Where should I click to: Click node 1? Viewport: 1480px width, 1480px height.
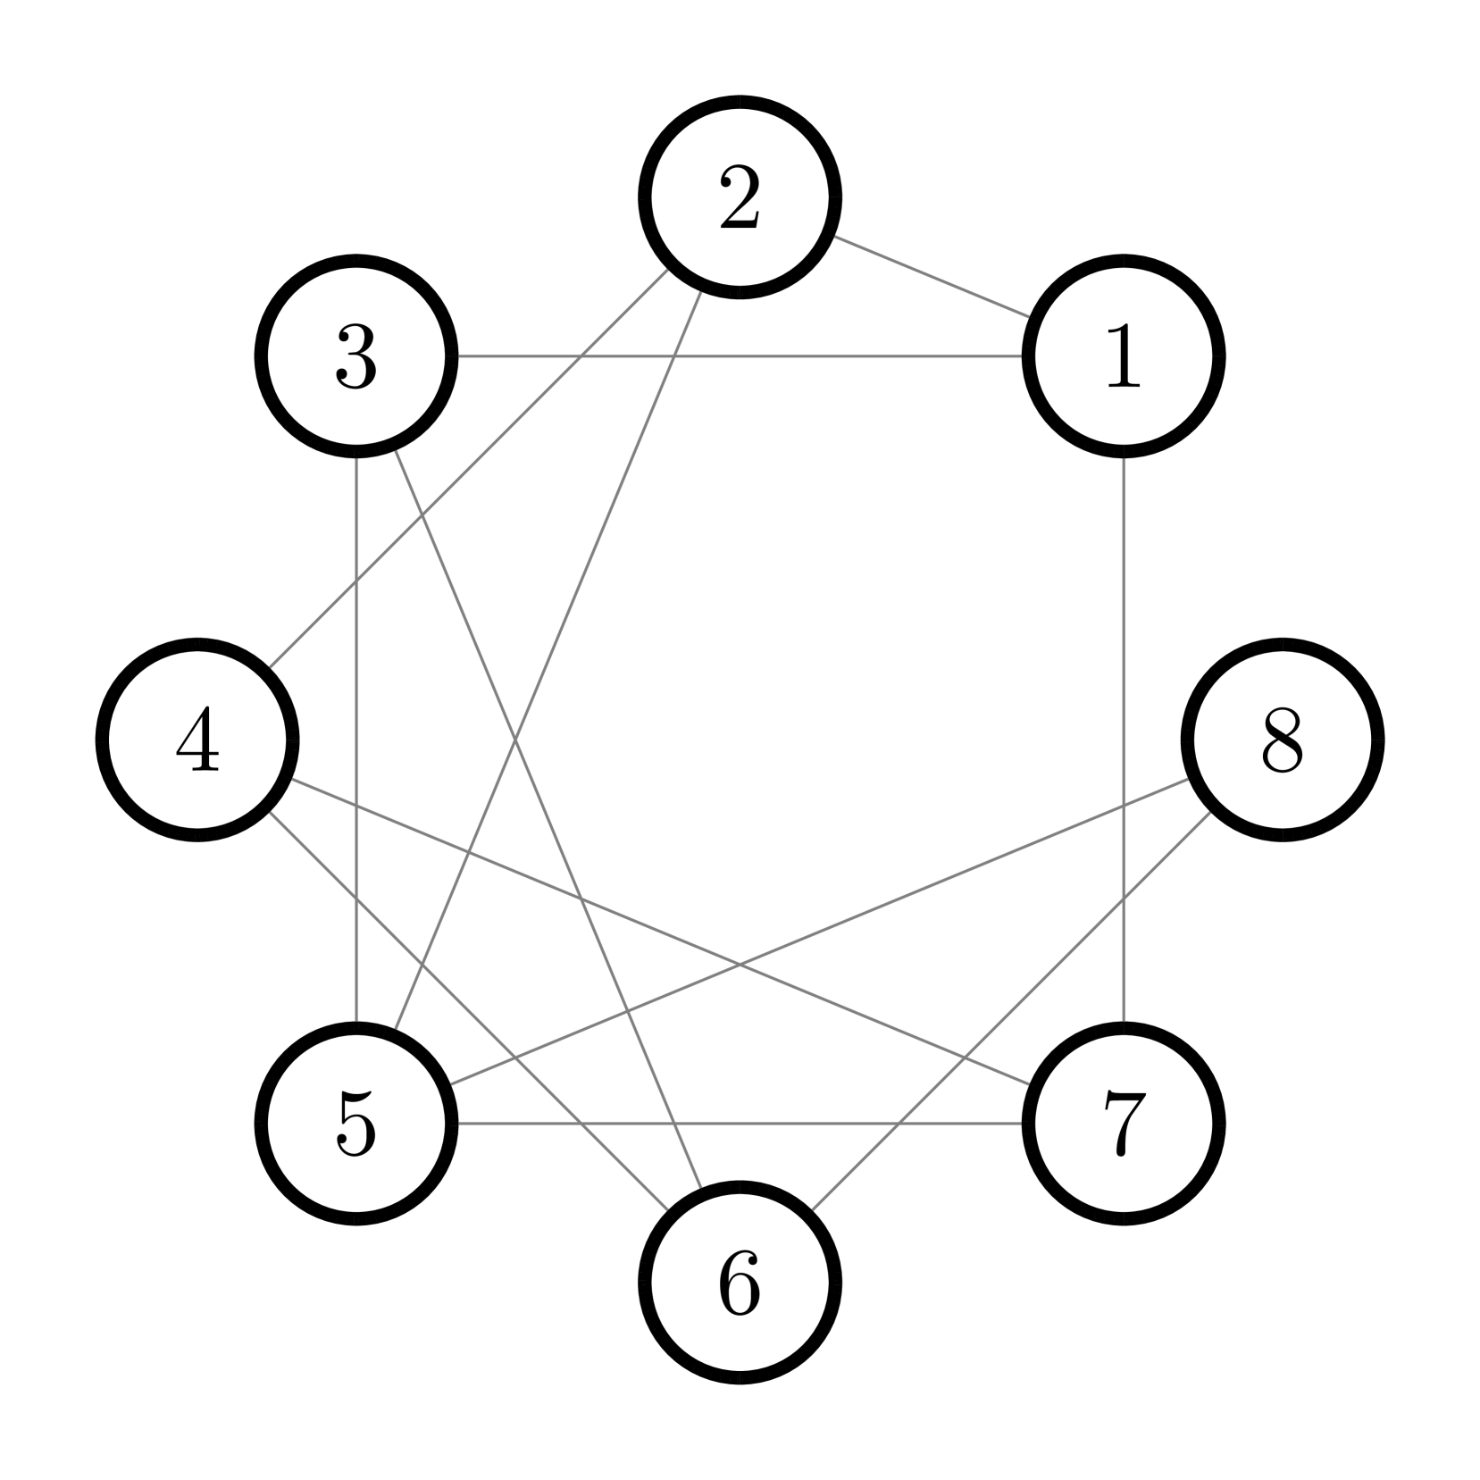1123,356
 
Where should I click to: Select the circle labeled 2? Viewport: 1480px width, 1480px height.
740,197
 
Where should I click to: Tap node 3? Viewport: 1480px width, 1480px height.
356,356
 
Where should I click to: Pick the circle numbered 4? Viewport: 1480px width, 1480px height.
197,740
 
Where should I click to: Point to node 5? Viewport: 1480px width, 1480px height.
356,1123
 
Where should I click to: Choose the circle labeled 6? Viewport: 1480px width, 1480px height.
740,1282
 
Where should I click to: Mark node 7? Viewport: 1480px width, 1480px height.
1123,1123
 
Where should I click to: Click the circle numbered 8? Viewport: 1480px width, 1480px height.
1282,740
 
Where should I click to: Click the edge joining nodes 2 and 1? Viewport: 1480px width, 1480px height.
932,277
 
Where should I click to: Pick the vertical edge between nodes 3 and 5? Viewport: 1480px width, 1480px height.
356,804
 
